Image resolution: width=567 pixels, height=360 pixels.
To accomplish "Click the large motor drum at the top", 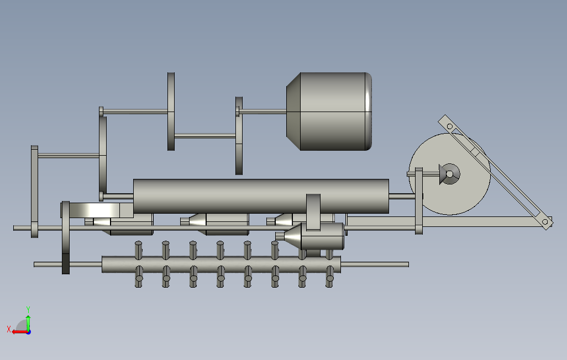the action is [x=329, y=112].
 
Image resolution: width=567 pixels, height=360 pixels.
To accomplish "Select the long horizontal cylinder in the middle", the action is [x=261, y=196].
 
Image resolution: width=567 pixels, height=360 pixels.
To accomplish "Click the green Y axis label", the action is [x=28, y=310].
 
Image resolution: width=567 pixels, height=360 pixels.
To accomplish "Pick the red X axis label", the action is [x=9, y=329].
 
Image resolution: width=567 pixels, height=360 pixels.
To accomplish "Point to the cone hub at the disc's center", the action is [x=449, y=174].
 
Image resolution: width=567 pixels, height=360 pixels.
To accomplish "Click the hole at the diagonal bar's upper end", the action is [x=450, y=126].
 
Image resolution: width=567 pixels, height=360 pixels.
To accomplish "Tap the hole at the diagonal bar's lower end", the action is [x=545, y=221].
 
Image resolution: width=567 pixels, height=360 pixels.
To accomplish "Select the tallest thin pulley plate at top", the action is [x=171, y=112].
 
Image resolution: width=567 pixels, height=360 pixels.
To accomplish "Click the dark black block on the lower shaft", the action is [x=65, y=263].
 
